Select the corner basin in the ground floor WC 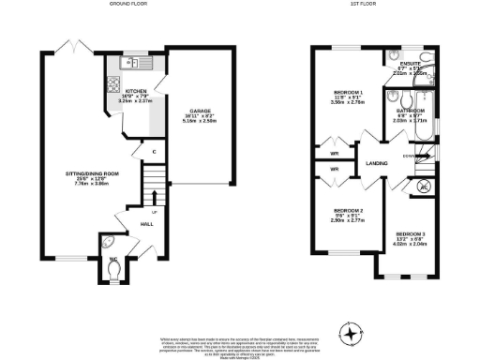tap(106, 250)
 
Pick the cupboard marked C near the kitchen tap(140, 152)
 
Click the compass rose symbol tap(351, 333)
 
